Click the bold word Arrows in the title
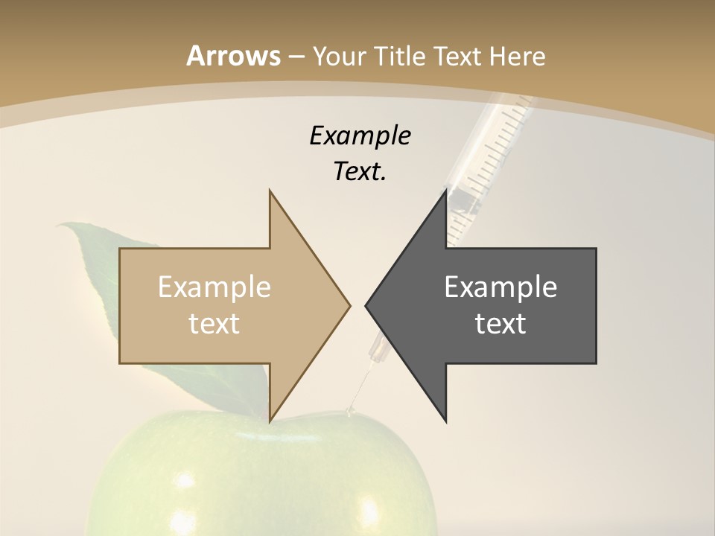click(x=233, y=56)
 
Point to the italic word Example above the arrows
click(x=360, y=136)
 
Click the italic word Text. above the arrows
click(x=360, y=172)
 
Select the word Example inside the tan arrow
click(x=214, y=287)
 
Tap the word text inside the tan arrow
click(x=214, y=323)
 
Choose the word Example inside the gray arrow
click(x=500, y=287)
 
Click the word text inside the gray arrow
click(x=500, y=323)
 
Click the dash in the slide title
click(x=296, y=56)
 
